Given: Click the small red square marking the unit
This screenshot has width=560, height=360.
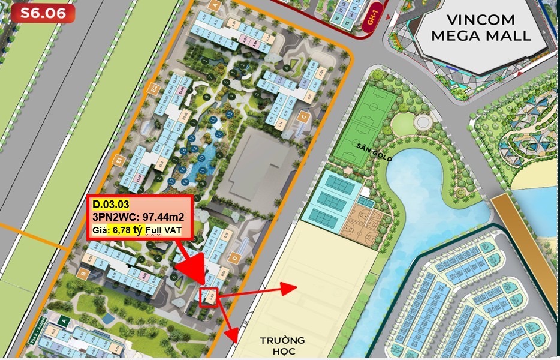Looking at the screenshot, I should (209, 297).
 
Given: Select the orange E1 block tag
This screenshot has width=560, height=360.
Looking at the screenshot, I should (119, 161).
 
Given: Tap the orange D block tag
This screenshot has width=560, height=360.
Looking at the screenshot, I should (235, 259).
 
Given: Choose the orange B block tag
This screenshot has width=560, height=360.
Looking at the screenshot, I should (83, 273).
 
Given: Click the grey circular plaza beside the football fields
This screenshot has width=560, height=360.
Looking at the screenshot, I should (423, 122).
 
